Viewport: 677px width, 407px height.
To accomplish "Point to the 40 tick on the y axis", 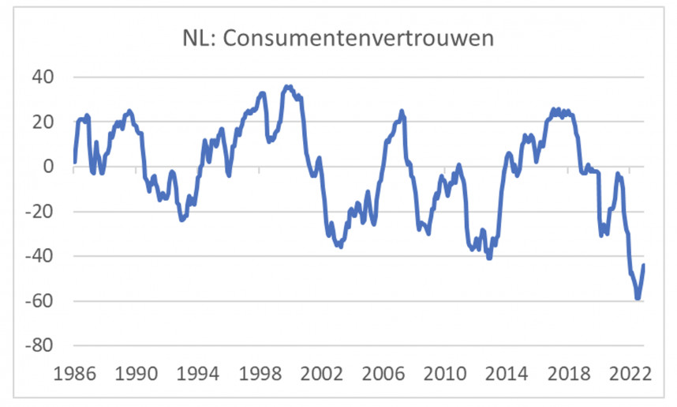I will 41,77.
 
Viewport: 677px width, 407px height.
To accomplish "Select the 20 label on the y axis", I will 41,122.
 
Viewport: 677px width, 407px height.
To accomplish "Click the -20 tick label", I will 38,212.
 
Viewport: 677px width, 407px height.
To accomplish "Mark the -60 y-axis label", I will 38,301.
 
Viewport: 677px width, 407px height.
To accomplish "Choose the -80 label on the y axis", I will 38,346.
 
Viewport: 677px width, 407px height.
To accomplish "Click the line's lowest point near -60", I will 638,298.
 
